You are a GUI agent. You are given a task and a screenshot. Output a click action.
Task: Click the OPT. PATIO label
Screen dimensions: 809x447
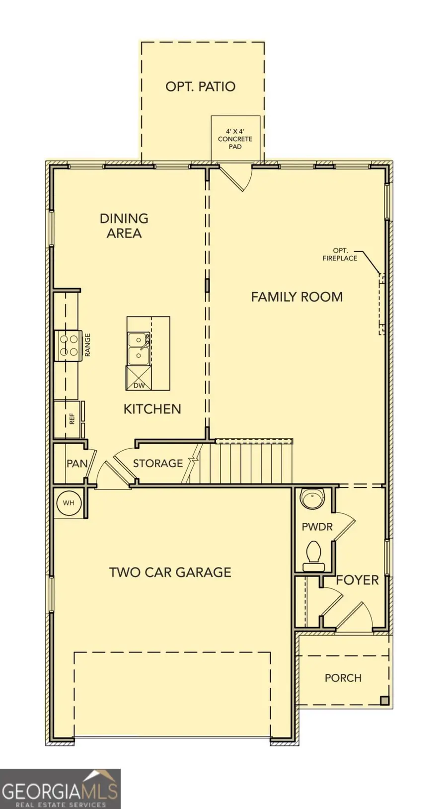click(x=200, y=86)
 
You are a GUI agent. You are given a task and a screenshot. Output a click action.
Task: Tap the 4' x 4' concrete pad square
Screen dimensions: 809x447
click(x=235, y=139)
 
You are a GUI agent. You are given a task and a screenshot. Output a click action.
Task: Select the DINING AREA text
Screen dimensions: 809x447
click(x=124, y=226)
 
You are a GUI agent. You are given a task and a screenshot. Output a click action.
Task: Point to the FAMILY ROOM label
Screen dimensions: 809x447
click(x=297, y=297)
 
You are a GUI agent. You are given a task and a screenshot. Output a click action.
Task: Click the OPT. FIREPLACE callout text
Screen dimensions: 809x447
click(x=340, y=254)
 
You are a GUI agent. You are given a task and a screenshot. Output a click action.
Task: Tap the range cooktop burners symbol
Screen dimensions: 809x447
click(x=69, y=345)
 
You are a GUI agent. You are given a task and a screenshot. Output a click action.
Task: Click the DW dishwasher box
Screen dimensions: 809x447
click(x=139, y=385)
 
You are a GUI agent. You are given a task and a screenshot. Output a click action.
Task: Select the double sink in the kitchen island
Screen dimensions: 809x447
click(x=139, y=348)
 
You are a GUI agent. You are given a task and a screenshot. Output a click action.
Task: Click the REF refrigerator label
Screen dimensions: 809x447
click(x=72, y=419)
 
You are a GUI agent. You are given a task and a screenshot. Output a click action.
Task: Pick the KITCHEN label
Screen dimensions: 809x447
click(x=152, y=409)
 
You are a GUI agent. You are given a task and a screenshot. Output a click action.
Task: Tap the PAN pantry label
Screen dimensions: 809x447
click(x=77, y=464)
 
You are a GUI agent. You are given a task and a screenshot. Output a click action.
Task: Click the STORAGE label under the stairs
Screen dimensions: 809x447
click(x=157, y=464)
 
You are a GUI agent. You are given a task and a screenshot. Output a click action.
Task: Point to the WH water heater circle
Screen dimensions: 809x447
click(x=69, y=503)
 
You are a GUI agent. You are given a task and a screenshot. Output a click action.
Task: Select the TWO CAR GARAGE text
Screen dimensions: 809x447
click(x=170, y=572)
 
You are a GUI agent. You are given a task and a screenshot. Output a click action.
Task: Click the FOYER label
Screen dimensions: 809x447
click(x=357, y=580)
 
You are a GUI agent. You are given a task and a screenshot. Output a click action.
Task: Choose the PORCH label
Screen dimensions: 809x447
click(x=343, y=678)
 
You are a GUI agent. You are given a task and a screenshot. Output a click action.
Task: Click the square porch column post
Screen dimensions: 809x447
click(x=384, y=701)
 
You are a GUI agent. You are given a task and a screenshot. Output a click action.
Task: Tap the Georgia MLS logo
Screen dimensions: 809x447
click(x=60, y=789)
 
